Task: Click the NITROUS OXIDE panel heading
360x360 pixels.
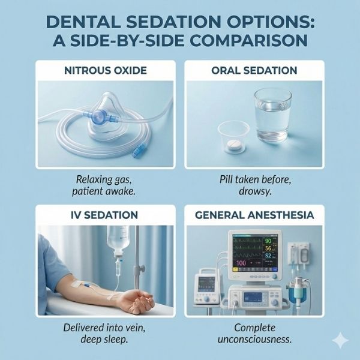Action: [106, 70]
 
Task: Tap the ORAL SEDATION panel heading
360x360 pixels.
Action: [254, 70]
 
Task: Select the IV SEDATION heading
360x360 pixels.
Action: [105, 214]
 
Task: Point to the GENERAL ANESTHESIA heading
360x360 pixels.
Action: [254, 214]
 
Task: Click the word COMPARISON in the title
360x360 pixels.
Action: [240, 42]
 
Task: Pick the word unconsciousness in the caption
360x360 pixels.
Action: [254, 339]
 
